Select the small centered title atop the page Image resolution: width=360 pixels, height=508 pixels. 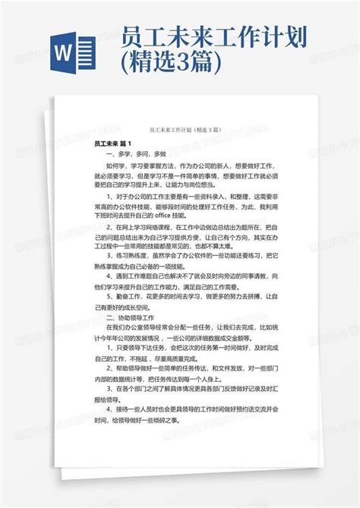[x=179, y=131]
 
